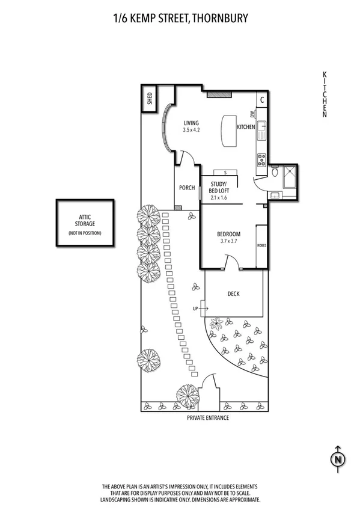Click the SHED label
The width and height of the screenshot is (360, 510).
click(149, 99)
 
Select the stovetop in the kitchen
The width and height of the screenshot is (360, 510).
click(262, 160)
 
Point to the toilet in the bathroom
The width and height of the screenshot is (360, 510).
click(275, 173)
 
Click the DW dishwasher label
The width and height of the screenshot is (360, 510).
click(253, 114)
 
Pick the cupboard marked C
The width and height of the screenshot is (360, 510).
click(262, 100)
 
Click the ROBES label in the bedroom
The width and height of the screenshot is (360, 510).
click(261, 246)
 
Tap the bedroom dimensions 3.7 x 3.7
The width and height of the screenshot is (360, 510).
click(228, 241)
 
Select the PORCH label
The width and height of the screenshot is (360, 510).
click(187, 188)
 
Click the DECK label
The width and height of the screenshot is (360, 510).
click(234, 294)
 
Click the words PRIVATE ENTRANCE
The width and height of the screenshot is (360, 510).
click(208, 417)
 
